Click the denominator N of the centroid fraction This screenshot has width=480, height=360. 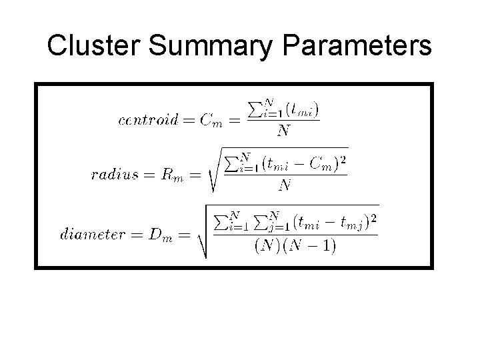[283, 131]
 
